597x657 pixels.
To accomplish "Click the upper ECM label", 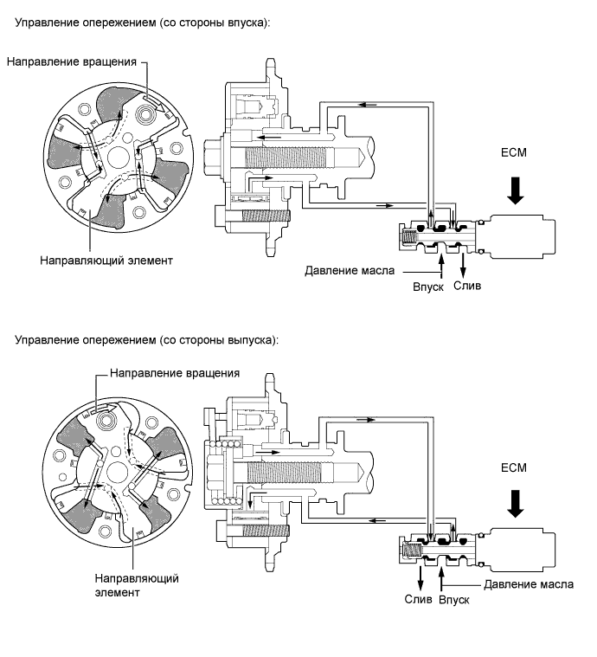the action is [x=514, y=152].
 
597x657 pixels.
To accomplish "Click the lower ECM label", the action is [x=514, y=467].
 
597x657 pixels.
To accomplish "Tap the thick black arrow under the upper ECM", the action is [x=516, y=190].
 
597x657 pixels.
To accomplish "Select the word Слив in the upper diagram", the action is [x=467, y=286].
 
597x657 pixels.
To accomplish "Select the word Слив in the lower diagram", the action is [x=418, y=599].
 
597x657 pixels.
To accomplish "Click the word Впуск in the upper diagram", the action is [x=428, y=287].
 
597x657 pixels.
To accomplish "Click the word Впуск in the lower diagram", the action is [x=454, y=600].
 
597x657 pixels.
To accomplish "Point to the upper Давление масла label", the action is [x=350, y=271].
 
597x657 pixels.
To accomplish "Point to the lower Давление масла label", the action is [x=529, y=584].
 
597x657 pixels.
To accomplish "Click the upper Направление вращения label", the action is [x=72, y=62].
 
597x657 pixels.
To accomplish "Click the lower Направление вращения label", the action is [x=175, y=373].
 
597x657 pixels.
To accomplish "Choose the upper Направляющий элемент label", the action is [x=106, y=261].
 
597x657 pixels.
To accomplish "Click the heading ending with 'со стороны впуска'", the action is [x=143, y=23].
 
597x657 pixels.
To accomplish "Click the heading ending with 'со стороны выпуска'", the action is [x=146, y=339].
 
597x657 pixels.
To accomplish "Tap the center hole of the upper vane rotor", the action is [x=119, y=157].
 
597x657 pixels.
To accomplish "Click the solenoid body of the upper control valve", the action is [x=523, y=236].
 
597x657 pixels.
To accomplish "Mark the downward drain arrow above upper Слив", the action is [x=463, y=265].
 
